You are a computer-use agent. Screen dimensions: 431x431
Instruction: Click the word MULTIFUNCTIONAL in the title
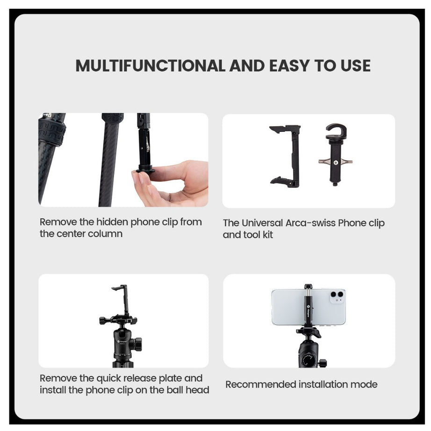pos(151,66)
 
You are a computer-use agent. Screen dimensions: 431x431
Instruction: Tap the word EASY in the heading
pos(289,66)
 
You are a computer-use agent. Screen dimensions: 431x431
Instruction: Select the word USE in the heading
pos(355,66)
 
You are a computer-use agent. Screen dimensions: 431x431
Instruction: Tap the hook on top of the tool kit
pos(336,131)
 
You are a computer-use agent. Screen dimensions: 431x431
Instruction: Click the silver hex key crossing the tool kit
pos(336,162)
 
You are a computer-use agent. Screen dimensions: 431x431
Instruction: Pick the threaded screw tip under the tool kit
pos(335,184)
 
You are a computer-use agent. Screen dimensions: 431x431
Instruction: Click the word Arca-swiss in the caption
pos(310,223)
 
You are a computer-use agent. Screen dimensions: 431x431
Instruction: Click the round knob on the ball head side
pos(136,344)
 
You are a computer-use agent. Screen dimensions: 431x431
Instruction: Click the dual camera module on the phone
pos(337,297)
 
